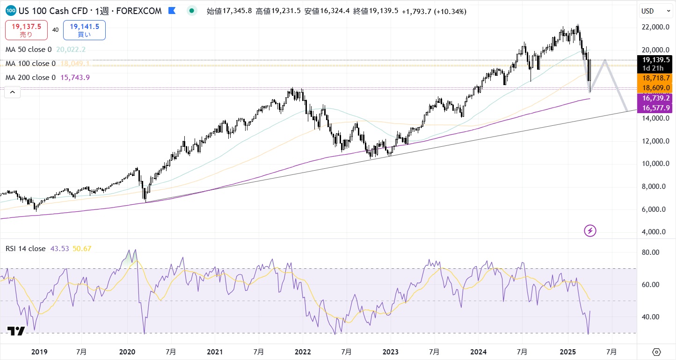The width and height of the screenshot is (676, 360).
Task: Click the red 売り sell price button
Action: (26, 30)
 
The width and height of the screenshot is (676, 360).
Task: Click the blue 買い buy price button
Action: (84, 30)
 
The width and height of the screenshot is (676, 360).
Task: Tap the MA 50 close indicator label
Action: (29, 49)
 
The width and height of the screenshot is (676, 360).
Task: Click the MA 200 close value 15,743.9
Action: (75, 77)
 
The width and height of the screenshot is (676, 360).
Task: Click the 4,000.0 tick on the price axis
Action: (654, 231)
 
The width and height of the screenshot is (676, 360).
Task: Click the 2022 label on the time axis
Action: (303, 352)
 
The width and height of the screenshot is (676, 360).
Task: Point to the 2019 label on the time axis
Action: (39, 352)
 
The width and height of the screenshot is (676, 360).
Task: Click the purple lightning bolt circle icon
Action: (590, 230)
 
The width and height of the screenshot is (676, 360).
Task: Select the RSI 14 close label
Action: (25, 248)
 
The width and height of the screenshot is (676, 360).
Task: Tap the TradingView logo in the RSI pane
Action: (16, 331)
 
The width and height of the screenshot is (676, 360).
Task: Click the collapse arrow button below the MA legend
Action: (13, 93)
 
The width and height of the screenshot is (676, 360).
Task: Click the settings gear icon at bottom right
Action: (656, 352)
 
